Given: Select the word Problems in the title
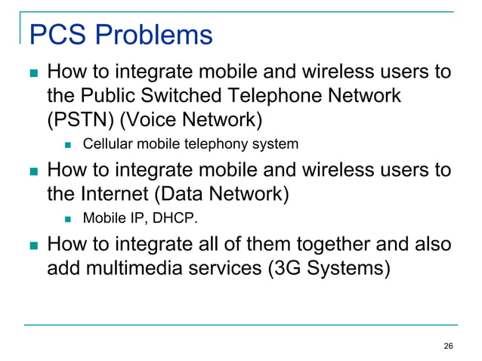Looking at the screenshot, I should click(153, 35).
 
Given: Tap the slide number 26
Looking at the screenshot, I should click(448, 346).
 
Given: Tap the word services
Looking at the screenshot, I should click(227, 268).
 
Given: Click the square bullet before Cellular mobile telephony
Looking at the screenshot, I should click(69, 144).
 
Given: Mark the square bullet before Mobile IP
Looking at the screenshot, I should click(69, 220).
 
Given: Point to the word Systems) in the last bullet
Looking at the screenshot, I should click(348, 268).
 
